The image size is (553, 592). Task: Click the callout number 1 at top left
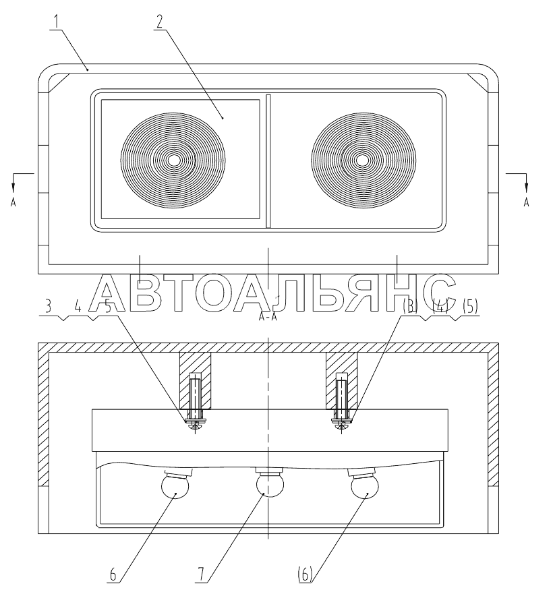click(57, 22)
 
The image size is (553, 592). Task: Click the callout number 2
click(160, 22)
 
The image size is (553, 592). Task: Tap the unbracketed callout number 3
click(48, 306)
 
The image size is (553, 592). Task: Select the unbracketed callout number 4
click(78, 306)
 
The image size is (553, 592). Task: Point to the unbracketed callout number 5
click(108, 306)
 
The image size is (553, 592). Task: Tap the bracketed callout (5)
click(470, 306)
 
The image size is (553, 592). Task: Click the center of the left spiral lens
click(173, 160)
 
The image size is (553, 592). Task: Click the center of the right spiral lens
click(363, 160)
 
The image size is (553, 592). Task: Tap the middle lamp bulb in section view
click(270, 485)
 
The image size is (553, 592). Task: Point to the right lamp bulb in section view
click(365, 487)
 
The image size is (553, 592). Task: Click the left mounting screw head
click(196, 425)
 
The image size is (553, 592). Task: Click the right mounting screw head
click(341, 425)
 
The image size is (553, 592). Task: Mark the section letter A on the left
click(13, 203)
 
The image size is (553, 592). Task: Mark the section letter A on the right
click(526, 203)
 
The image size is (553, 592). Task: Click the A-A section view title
click(268, 317)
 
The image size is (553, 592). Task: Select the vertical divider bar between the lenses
click(268, 161)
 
